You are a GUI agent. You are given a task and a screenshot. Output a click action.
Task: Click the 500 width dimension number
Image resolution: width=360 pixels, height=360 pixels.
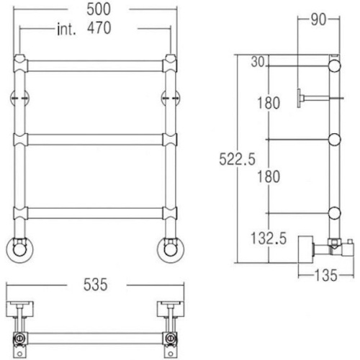coord(99,9)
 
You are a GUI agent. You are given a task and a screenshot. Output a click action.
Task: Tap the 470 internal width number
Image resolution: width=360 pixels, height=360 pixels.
coord(99,28)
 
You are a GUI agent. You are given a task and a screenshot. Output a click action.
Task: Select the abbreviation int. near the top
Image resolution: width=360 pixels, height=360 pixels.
coord(66,30)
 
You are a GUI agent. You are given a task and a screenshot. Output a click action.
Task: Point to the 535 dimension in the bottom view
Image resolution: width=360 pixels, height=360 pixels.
coord(96,285)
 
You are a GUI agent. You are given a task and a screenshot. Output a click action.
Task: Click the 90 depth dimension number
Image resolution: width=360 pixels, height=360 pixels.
coord(318,19)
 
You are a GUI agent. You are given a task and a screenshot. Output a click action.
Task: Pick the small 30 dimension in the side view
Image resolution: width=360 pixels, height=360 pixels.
coord(258,62)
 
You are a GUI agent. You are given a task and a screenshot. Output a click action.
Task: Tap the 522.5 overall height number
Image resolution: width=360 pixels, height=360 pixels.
coord(237,159)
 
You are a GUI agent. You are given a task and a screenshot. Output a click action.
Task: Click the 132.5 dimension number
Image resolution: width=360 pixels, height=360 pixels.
coord(269,238)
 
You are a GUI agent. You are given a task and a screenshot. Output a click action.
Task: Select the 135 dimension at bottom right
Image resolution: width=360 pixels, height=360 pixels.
coord(325,275)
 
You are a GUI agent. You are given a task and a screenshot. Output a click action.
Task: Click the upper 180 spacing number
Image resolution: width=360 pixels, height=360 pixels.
coord(269,103)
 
